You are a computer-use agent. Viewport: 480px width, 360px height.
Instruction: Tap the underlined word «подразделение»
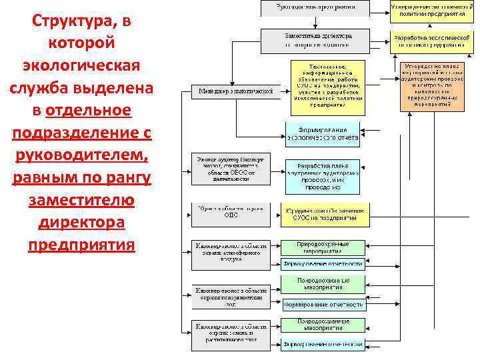click(81, 133)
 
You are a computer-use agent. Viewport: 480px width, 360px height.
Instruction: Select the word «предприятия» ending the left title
click(81, 245)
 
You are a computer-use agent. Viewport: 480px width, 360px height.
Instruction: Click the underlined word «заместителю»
click(81, 200)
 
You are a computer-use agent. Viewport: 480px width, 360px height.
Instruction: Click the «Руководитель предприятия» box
click(315, 8)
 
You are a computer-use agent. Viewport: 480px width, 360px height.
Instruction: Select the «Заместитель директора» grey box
click(315, 41)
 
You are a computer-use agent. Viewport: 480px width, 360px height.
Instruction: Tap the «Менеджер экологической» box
click(232, 91)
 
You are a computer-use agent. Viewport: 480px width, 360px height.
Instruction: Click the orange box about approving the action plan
click(432, 87)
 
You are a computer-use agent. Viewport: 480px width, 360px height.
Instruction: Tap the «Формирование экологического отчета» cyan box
click(323, 134)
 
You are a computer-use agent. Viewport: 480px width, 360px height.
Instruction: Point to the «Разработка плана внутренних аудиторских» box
click(323, 173)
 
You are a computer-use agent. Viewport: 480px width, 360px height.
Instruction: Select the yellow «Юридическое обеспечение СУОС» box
click(323, 215)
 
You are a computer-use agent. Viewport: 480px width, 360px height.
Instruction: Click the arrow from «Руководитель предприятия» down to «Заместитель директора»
click(315, 22)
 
